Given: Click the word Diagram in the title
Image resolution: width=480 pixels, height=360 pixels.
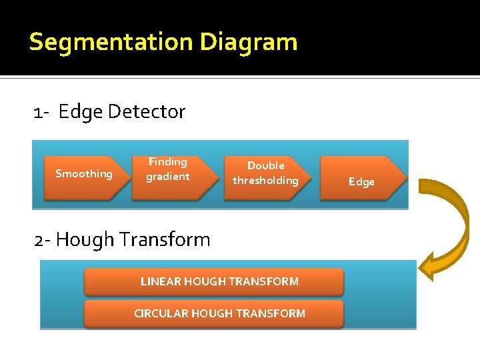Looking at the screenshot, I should (248, 43).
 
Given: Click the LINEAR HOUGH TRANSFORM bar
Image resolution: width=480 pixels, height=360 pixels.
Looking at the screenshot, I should (213, 281).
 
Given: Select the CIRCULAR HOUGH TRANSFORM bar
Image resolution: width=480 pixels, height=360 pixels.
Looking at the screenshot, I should (213, 313).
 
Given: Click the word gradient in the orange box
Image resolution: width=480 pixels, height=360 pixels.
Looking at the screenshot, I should (168, 177).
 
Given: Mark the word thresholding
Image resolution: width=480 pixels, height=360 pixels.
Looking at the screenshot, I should (265, 181).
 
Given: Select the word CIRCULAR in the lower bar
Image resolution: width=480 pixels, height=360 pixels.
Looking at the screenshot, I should (161, 313).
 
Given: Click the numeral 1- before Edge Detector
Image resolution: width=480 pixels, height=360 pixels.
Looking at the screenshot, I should (41, 112).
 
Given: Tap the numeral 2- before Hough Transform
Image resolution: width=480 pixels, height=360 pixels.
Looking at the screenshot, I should (42, 240).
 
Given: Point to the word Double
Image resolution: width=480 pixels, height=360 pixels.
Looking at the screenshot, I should (265, 165).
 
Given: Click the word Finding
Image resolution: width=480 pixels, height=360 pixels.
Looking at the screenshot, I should (167, 162).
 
